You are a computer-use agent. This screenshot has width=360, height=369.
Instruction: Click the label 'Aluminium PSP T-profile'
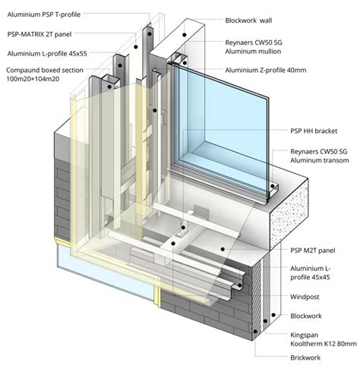[x=44, y=14]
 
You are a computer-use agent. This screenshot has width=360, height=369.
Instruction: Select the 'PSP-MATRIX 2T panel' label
[x=39, y=34]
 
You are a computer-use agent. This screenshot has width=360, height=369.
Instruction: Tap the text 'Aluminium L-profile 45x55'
[x=47, y=54]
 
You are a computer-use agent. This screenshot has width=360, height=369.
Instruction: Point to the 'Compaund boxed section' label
[x=45, y=70]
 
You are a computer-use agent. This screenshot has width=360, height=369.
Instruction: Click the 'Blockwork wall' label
[x=248, y=20]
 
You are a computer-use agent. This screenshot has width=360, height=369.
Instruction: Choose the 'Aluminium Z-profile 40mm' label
[x=266, y=70]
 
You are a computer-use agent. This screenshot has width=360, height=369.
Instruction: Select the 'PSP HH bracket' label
[x=314, y=131]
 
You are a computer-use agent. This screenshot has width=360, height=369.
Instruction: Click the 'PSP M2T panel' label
[x=313, y=251]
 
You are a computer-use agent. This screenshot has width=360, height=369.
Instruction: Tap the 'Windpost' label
[x=305, y=297]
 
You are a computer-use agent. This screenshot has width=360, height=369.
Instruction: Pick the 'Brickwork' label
[x=305, y=358]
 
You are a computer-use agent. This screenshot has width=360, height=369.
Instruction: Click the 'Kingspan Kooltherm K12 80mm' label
[x=324, y=339]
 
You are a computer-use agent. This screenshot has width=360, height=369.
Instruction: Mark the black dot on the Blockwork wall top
[x=185, y=35]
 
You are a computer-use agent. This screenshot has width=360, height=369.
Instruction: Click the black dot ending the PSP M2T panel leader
[x=223, y=249]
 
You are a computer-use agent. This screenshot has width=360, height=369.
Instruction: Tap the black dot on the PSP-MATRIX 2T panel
[x=136, y=47]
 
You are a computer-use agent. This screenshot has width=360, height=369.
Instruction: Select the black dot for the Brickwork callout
[x=255, y=331]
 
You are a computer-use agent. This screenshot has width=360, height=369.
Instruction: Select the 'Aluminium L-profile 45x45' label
[x=311, y=273]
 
